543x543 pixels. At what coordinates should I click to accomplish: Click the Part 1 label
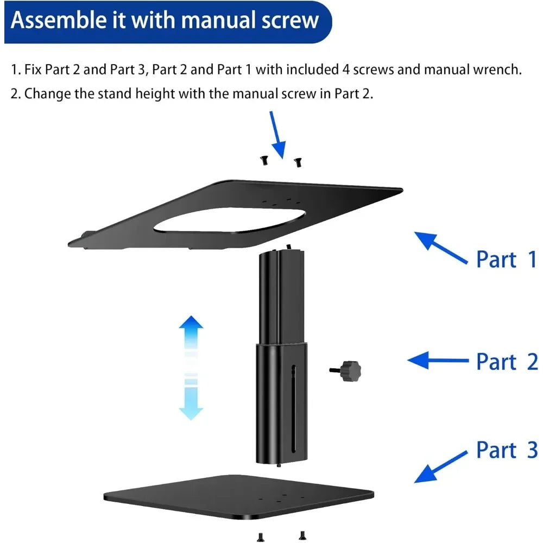[506, 259]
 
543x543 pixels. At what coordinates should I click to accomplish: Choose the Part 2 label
[506, 362]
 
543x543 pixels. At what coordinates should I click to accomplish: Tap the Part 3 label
[506, 450]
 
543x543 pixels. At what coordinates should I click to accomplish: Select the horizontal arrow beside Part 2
[437, 360]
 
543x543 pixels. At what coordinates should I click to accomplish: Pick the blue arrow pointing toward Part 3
[440, 466]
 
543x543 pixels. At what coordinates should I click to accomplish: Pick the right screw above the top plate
[297, 161]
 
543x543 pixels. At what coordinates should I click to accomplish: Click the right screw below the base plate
[302, 535]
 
